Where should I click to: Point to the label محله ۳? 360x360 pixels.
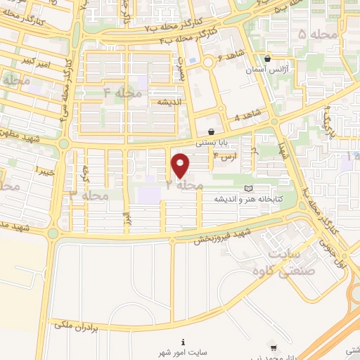tap(89, 195)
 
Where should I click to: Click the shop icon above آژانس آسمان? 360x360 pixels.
tap(268, 59)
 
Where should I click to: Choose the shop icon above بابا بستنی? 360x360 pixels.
tap(211, 131)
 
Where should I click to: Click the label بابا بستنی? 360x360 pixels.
tap(211, 142)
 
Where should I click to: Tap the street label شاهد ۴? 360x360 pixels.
tap(248, 115)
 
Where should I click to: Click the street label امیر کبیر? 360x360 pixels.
tap(34, 64)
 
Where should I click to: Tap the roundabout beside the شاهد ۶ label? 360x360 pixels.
tap(209, 63)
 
